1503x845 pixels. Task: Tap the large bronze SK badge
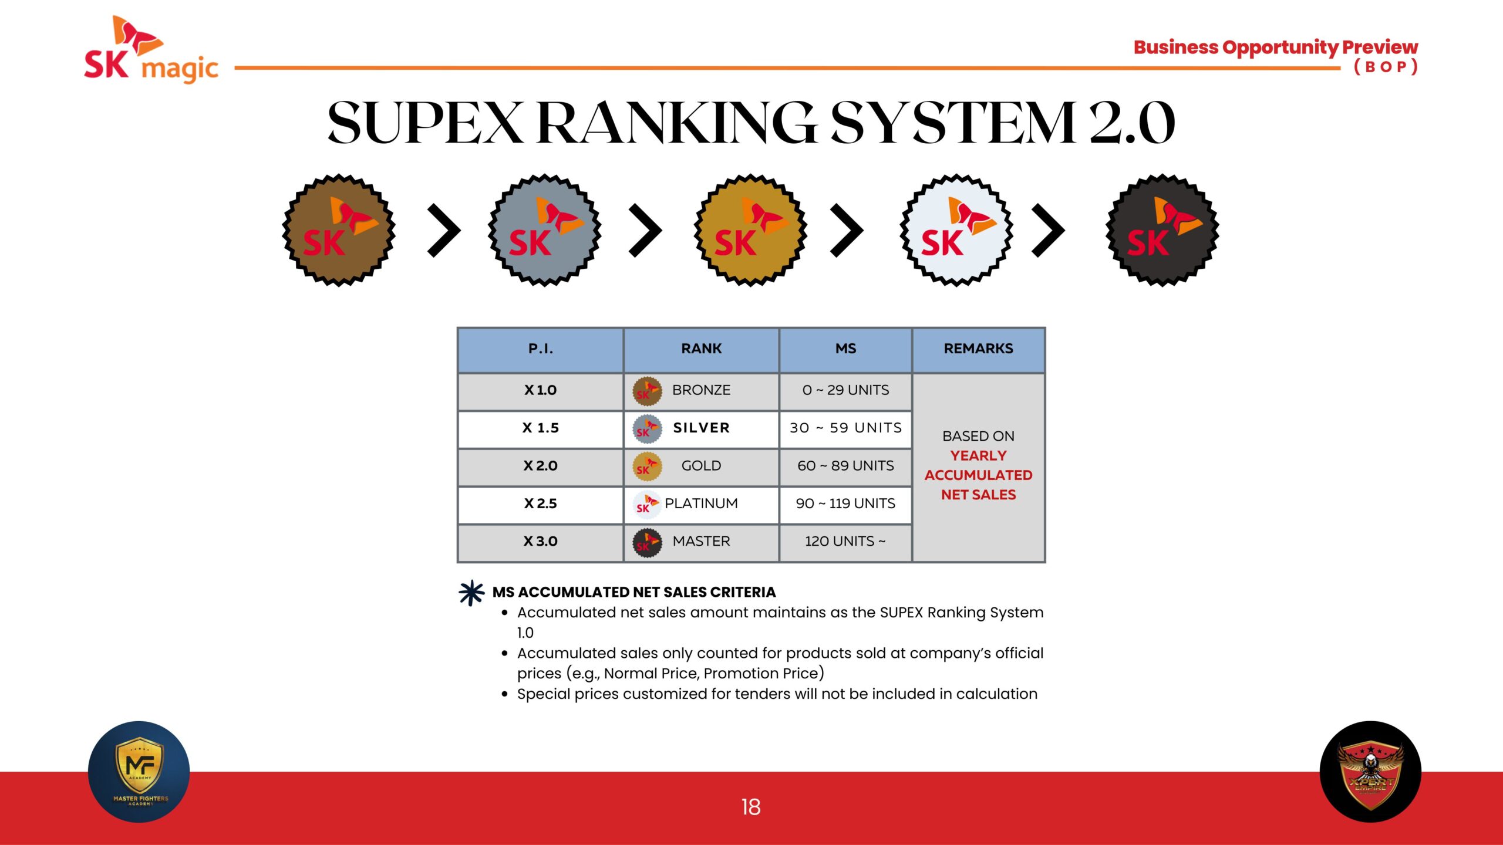339,230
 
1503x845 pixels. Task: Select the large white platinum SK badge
956,230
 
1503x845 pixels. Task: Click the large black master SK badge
1162,230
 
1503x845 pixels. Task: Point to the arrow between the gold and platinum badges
847,230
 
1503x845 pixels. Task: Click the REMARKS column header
978,349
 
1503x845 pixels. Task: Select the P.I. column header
541,349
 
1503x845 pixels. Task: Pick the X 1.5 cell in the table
541,428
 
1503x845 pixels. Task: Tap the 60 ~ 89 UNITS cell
845,465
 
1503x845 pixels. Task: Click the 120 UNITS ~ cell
845,541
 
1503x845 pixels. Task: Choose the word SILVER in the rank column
702,428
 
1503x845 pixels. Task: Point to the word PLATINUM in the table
701,503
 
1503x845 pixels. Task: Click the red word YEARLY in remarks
978,455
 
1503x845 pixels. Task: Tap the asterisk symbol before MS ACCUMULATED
471,593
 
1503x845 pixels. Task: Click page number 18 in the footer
751,807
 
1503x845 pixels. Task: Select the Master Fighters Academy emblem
139,772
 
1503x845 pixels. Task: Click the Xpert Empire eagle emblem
1370,772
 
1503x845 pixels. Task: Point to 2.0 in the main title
1132,123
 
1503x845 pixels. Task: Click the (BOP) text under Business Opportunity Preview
1386,67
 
